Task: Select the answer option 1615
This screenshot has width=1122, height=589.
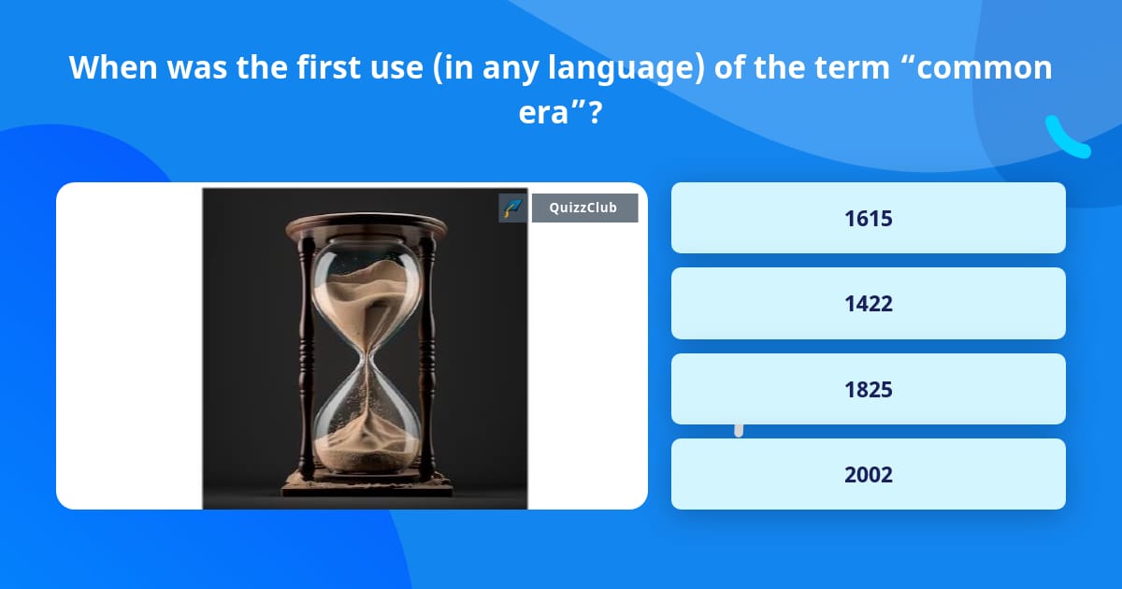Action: pyautogui.click(x=868, y=218)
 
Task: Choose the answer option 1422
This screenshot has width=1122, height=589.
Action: pyautogui.click(x=868, y=303)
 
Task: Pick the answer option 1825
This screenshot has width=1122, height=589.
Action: pyautogui.click(x=868, y=389)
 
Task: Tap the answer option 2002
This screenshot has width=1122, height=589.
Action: pyautogui.click(x=868, y=474)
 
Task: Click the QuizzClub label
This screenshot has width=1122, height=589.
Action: pyautogui.click(x=584, y=208)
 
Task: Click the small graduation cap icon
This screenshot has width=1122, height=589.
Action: pyautogui.click(x=512, y=208)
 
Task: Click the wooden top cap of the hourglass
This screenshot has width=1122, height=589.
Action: pyautogui.click(x=366, y=225)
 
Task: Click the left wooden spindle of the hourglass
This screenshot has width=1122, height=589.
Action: pyautogui.click(x=306, y=355)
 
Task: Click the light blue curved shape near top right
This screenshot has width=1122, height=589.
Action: pyautogui.click(x=1067, y=138)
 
